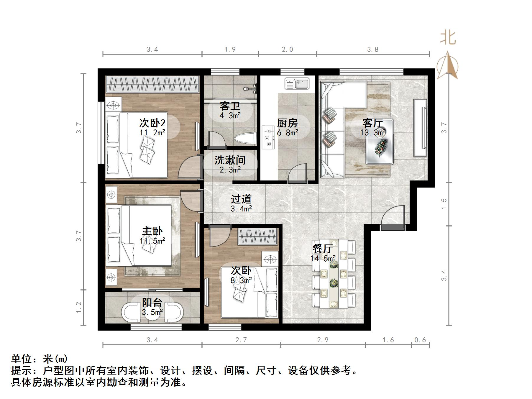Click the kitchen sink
click(297, 83)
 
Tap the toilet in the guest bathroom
click(244, 138)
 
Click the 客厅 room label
click(373, 123)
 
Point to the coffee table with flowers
click(380, 142)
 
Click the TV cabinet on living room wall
click(420, 128)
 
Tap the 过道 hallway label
click(241, 199)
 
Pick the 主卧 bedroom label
click(152, 231)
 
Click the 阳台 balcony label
click(152, 302)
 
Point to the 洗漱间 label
click(230, 160)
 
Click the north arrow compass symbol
click(447, 66)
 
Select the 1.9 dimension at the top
click(230, 50)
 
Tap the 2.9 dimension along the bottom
click(323, 340)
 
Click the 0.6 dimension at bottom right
click(420, 340)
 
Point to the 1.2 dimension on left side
click(79, 307)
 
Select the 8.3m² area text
click(241, 280)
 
